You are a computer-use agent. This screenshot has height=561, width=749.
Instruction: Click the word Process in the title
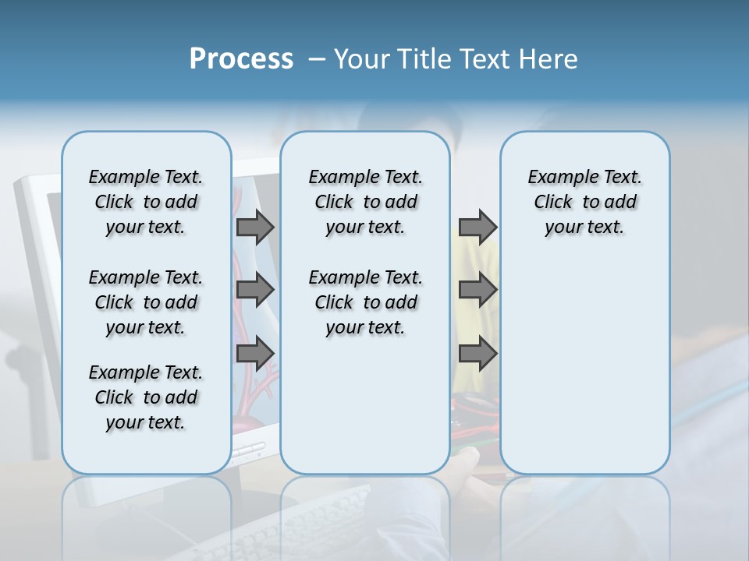tap(241, 59)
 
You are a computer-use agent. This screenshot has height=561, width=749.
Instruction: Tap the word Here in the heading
tap(548, 59)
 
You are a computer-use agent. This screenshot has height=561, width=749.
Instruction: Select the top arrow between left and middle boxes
tap(255, 227)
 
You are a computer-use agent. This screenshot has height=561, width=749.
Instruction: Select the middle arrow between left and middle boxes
tap(255, 290)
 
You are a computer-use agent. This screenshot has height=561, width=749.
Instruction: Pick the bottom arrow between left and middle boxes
tap(255, 354)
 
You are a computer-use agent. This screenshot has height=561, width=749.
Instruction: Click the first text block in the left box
tap(146, 202)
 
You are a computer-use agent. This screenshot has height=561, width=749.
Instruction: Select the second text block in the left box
tap(146, 302)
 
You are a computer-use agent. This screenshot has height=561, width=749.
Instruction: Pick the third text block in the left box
tap(146, 397)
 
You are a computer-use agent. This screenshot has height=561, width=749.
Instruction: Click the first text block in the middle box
tap(365, 202)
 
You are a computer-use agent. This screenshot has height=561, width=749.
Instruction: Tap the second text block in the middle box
tap(365, 302)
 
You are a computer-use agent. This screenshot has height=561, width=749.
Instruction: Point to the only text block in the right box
tap(584, 202)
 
